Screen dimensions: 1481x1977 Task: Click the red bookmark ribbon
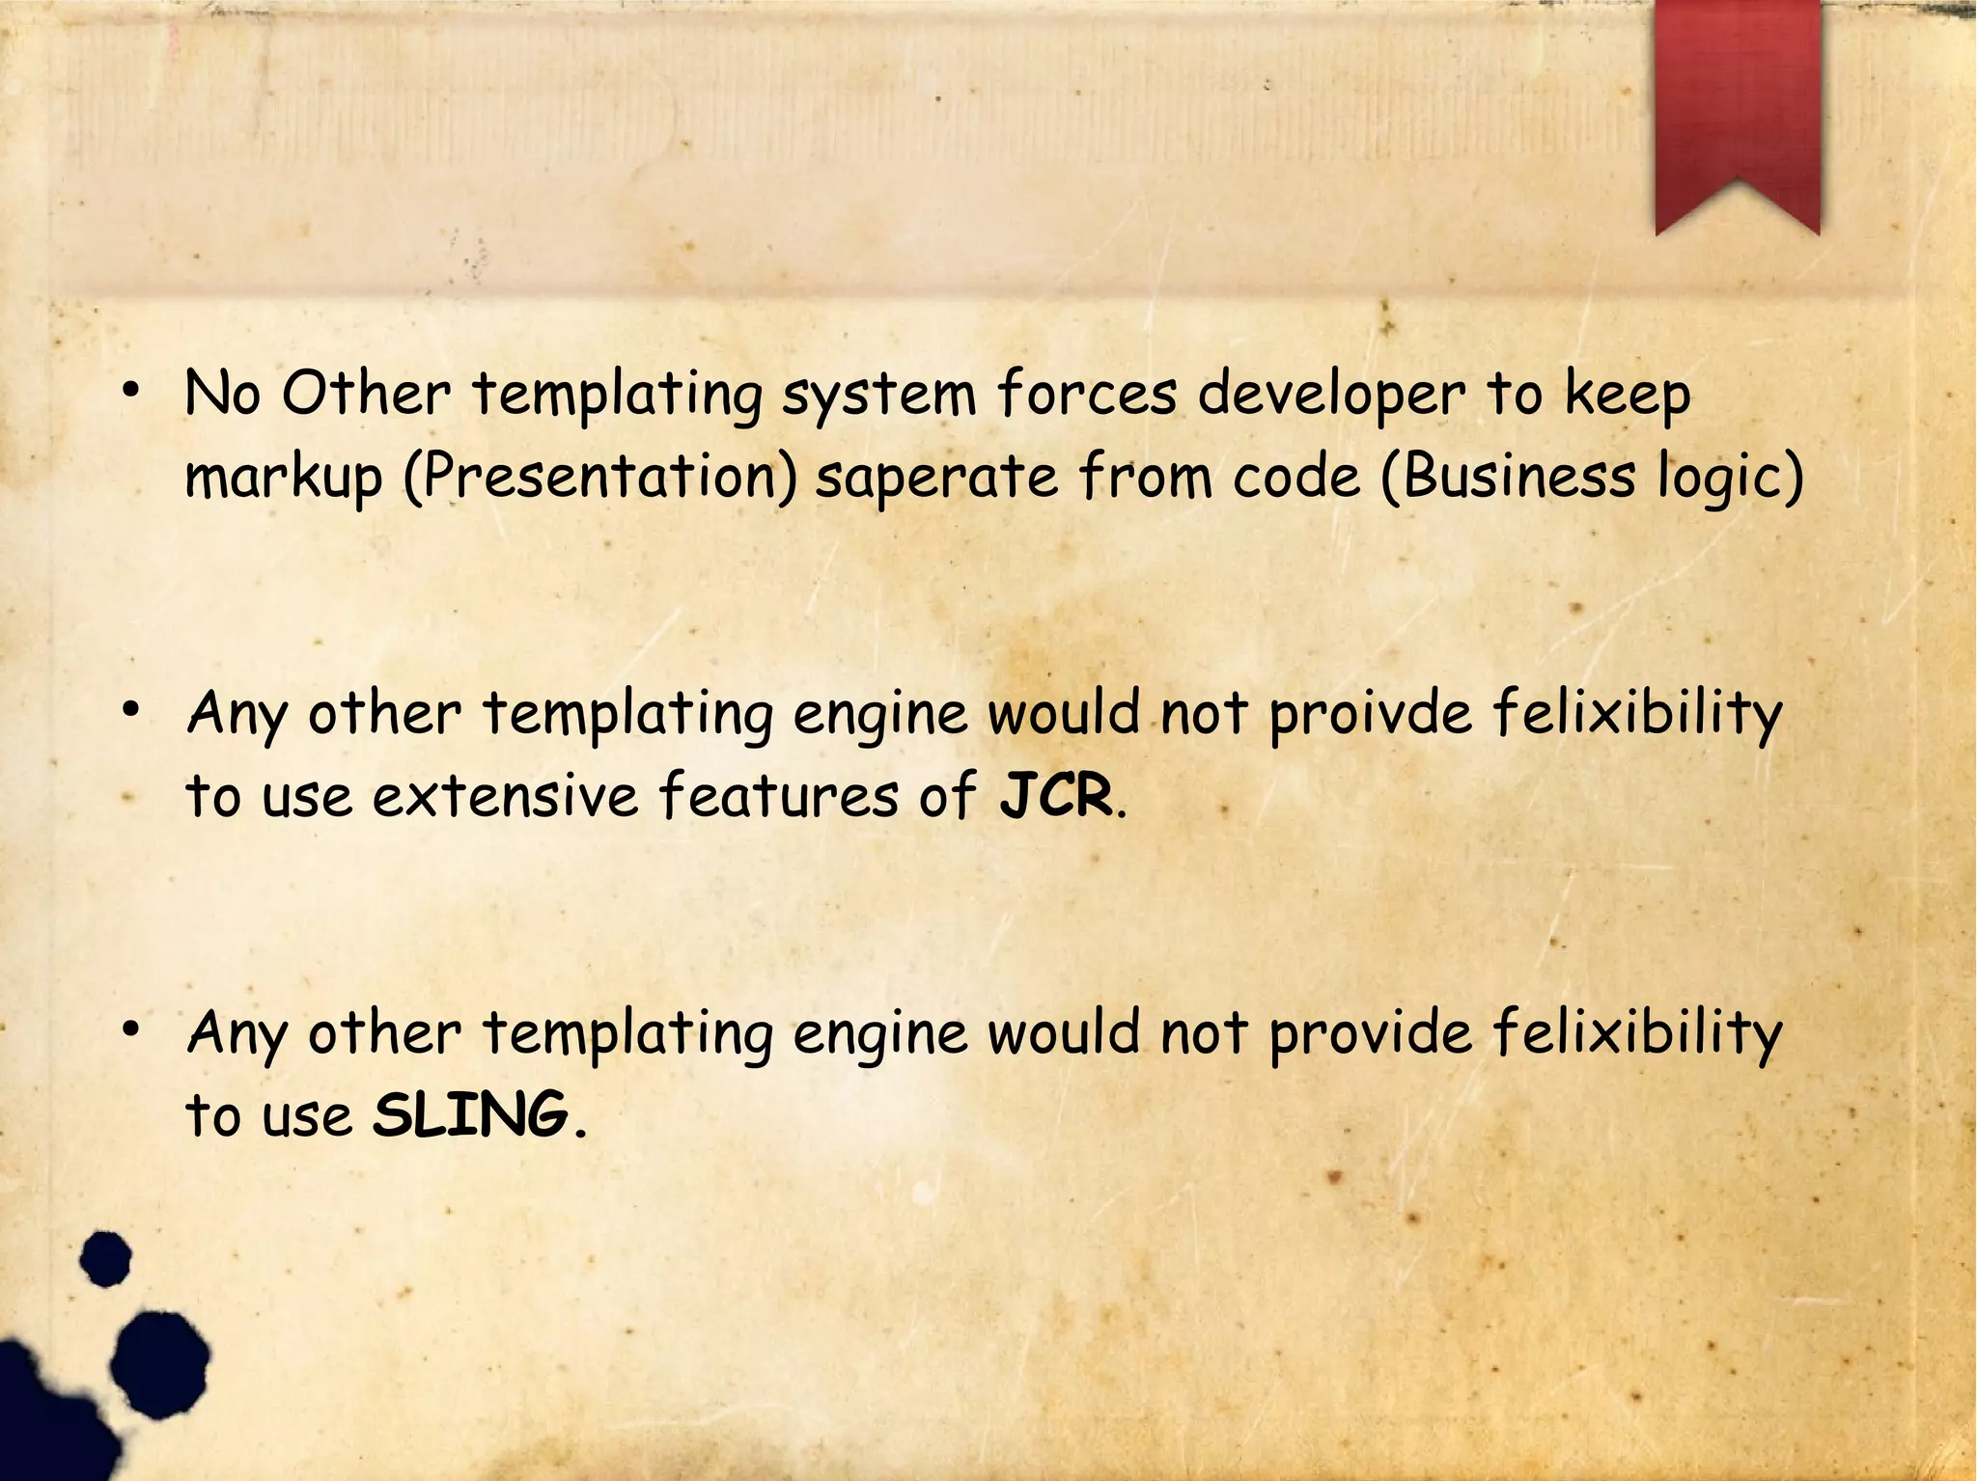point(1737,106)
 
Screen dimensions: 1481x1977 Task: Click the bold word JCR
point(1055,796)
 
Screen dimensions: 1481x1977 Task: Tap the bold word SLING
point(470,1116)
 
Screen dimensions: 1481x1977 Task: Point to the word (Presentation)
point(599,478)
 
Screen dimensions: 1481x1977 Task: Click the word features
point(778,796)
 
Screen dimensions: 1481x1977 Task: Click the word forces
point(1087,394)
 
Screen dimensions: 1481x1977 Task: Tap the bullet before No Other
point(132,391)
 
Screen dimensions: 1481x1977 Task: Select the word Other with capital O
point(366,394)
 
